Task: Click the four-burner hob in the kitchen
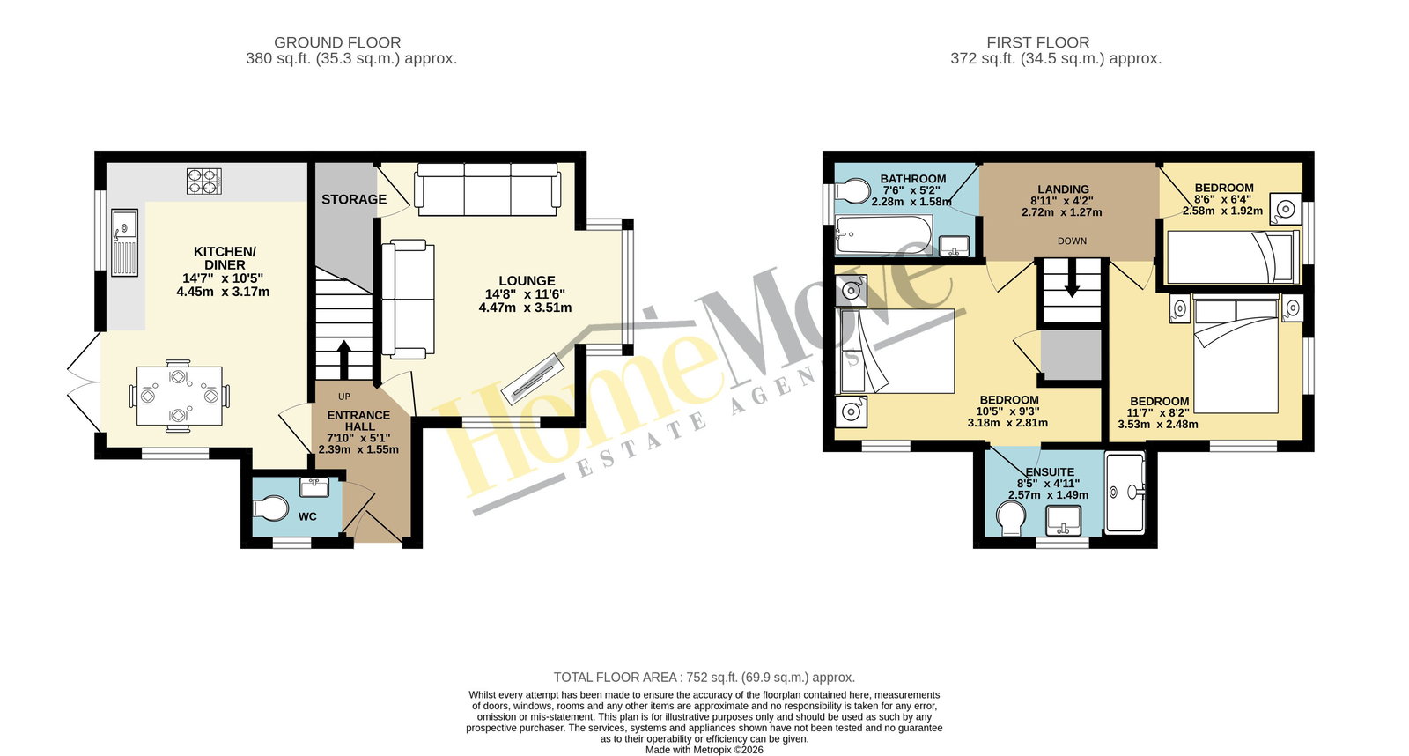pos(204,182)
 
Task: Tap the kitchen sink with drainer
pos(124,243)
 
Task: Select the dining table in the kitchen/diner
pos(180,396)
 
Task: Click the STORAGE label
pos(354,199)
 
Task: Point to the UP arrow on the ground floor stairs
pos(344,360)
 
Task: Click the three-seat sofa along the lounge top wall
pos(487,189)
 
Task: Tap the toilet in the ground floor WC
pos(270,509)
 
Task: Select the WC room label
pos(307,517)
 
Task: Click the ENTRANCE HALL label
pos(358,420)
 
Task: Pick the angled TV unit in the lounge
pos(532,378)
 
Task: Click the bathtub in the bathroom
pos(884,235)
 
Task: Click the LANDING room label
pos(1064,189)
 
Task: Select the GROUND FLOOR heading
pos(337,43)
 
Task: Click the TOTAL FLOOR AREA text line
pos(704,678)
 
